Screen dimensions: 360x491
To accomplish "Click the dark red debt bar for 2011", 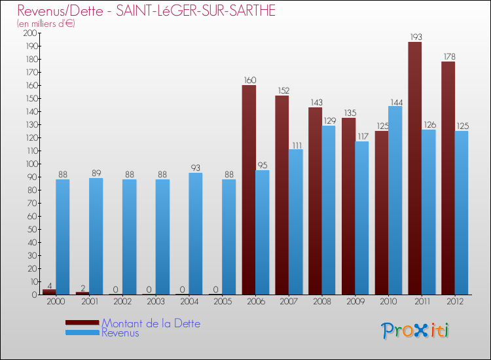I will click(415, 168).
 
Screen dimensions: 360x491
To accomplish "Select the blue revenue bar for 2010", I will click(395, 200).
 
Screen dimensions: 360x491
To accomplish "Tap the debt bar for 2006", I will click(249, 190).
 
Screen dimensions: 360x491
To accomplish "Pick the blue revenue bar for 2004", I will click(196, 234).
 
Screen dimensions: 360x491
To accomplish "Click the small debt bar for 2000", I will click(49, 292).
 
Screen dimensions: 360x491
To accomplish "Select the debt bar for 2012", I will click(448, 178).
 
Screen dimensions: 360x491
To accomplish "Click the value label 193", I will click(415, 37).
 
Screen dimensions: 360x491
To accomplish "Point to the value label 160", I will click(249, 80).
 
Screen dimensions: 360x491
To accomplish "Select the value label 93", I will click(196, 168).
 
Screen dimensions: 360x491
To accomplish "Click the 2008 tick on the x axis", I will click(322, 302).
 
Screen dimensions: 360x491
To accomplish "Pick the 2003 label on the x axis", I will click(156, 302).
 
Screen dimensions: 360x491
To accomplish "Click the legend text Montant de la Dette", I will click(151, 323).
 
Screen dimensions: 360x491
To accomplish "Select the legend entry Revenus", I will click(120, 333).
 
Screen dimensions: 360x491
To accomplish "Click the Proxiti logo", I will click(416, 331).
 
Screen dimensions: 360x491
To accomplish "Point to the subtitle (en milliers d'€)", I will click(46, 24).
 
